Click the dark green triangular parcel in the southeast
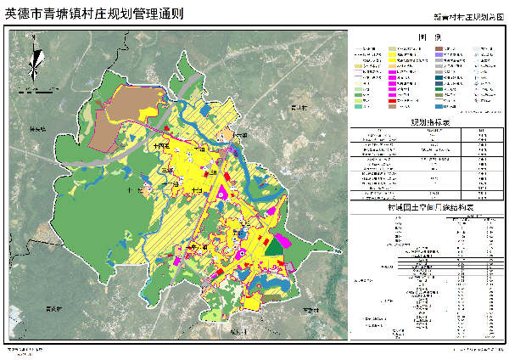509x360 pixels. click(272, 245)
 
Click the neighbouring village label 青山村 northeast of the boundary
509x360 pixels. click(298, 108)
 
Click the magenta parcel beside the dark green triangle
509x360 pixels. click(286, 242)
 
